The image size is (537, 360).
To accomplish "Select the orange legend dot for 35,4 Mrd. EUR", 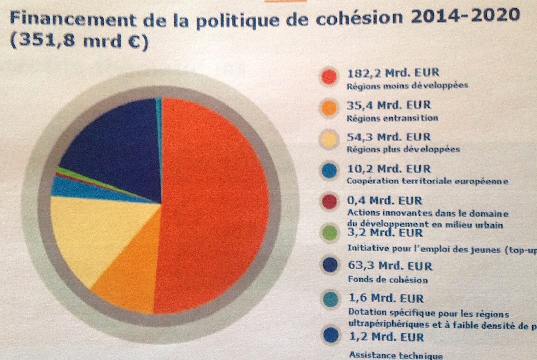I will tap(329, 108).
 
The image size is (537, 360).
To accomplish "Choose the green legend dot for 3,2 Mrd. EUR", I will tap(329, 233).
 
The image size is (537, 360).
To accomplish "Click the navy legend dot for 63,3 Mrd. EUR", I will tap(329, 265).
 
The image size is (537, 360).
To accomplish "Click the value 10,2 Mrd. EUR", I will tap(388, 169).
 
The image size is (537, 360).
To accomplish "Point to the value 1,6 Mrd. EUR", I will tap(386, 299).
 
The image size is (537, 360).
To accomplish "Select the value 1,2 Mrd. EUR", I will tap(386, 337).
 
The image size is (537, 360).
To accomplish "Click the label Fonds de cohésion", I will tap(387, 280).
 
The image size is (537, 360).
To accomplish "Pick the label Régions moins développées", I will tap(407, 85).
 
